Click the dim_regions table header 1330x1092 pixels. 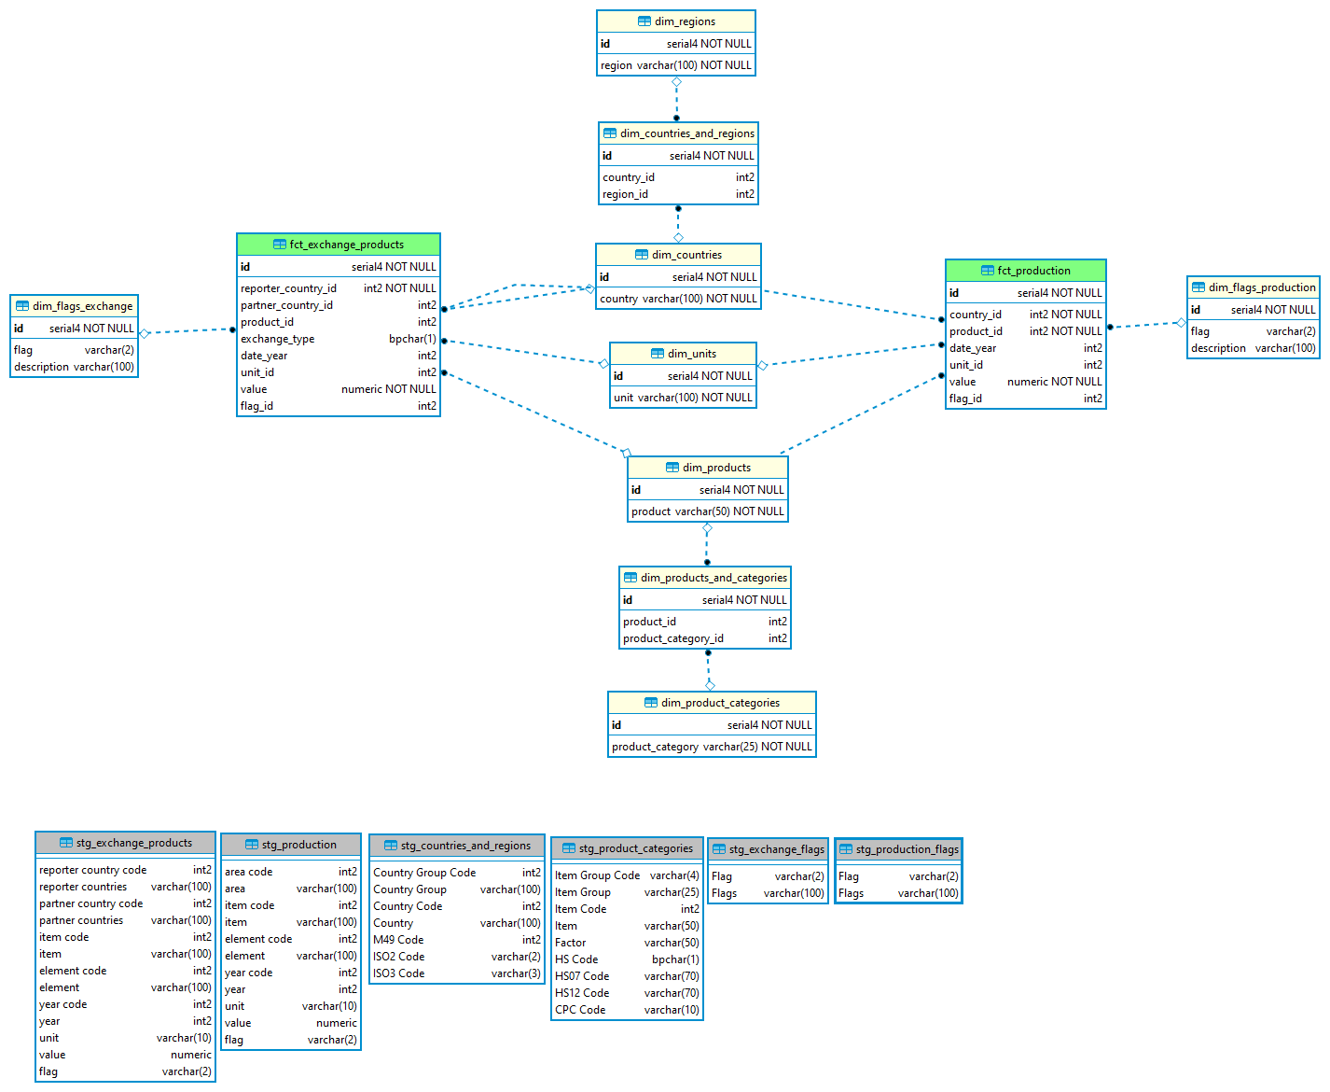tap(676, 21)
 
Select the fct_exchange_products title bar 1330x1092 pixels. tap(339, 245)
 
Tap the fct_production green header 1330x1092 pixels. tap(1026, 271)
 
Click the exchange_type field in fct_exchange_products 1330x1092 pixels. tap(278, 339)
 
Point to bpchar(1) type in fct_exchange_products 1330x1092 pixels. tap(412, 339)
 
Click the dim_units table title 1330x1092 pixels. tap(684, 354)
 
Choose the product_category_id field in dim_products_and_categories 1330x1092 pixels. tap(673, 638)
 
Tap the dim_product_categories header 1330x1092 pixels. tap(712, 703)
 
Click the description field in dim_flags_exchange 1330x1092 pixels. tap(42, 367)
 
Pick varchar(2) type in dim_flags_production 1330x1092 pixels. tap(1291, 331)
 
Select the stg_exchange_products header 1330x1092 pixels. tap(126, 843)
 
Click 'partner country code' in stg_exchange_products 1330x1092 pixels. tap(91, 903)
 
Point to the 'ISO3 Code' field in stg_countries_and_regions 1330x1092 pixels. tap(399, 973)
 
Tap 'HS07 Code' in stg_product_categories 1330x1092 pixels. tap(582, 976)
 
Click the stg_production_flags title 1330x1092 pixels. tap(899, 849)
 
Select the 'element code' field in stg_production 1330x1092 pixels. tap(258, 939)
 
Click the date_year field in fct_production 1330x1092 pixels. tap(973, 348)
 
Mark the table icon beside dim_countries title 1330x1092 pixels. tap(642, 255)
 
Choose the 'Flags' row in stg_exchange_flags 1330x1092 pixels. tap(725, 893)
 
